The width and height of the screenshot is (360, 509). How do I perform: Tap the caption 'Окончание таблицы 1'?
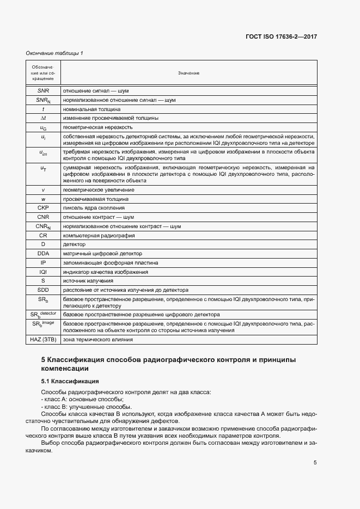[x=54, y=53]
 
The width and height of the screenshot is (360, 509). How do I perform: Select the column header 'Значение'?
[x=188, y=73]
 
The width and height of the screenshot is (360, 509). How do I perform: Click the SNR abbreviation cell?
[x=43, y=90]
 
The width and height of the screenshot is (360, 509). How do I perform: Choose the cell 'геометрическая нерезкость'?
[x=97, y=127]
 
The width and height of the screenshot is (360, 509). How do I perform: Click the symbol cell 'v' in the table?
[x=43, y=189]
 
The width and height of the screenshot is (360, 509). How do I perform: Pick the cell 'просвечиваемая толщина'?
[x=95, y=199]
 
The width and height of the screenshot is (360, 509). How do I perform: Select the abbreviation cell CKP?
[x=43, y=208]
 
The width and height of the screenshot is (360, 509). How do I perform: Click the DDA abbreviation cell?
[x=43, y=254]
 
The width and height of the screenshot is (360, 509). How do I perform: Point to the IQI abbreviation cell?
[x=43, y=272]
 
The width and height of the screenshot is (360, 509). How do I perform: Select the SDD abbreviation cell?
[x=43, y=290]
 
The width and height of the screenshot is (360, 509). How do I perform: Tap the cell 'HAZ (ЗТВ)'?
[x=43, y=340]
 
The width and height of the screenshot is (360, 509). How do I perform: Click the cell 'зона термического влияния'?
[x=98, y=340]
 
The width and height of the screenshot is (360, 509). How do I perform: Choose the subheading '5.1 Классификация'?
[x=70, y=381]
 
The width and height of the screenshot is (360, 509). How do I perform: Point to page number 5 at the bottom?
[x=315, y=463]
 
